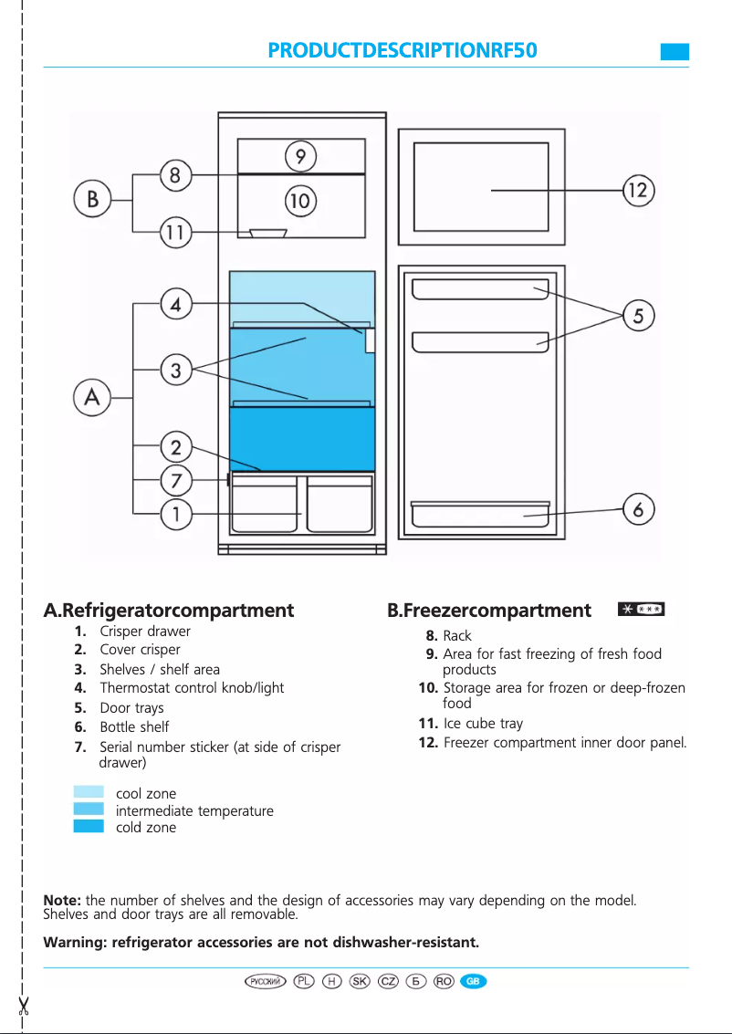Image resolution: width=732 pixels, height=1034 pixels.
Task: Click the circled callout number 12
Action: pyautogui.click(x=638, y=190)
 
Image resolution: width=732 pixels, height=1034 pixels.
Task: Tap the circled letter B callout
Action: pyautogui.click(x=93, y=198)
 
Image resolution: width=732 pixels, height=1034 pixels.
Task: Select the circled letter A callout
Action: pyautogui.click(x=93, y=398)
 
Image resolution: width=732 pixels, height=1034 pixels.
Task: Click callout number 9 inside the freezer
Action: pyautogui.click(x=300, y=156)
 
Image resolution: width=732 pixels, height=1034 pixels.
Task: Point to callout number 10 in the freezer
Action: pyautogui.click(x=300, y=200)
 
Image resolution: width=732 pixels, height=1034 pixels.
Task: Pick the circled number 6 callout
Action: pyautogui.click(x=638, y=509)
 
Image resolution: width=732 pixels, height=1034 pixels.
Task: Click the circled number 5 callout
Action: pyautogui.click(x=638, y=317)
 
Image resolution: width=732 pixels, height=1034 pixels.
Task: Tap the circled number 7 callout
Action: pyautogui.click(x=177, y=479)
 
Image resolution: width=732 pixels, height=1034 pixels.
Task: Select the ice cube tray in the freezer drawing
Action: pyautogui.click(x=268, y=234)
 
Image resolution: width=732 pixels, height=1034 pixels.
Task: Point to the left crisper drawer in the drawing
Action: pyautogui.click(x=265, y=504)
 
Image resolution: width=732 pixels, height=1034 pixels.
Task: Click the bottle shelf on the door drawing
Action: pyautogui.click(x=480, y=516)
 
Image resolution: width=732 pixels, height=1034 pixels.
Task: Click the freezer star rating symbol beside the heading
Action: pyautogui.click(x=641, y=609)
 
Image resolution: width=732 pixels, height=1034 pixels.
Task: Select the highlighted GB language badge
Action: pyautogui.click(x=473, y=981)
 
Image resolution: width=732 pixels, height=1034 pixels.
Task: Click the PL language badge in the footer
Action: pyautogui.click(x=305, y=981)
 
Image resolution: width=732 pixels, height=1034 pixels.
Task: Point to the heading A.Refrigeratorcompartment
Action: pyautogui.click(x=169, y=610)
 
